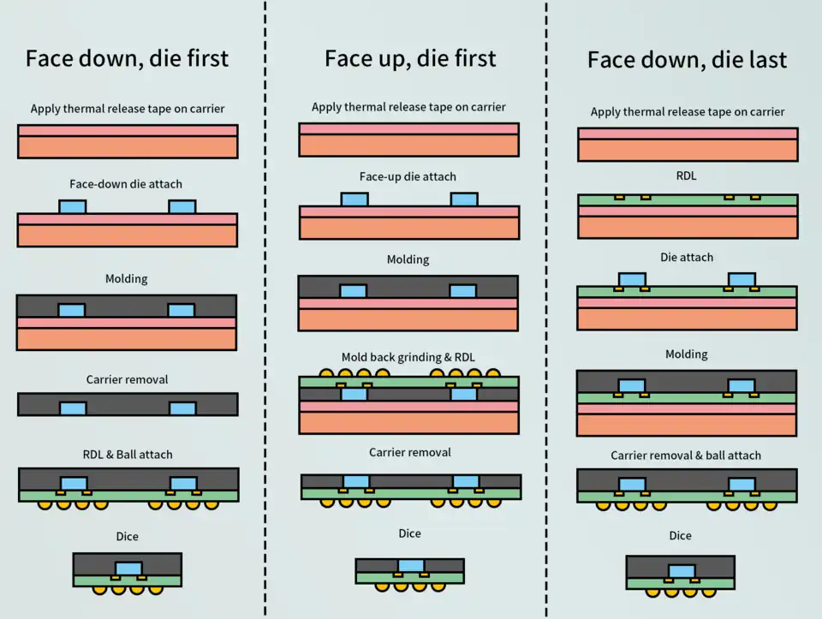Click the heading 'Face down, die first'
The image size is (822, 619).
[127, 58]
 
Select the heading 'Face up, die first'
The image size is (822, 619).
[410, 58]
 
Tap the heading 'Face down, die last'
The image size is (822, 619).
[687, 60]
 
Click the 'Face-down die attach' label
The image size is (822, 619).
[126, 184]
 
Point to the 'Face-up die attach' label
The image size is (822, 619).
[408, 177]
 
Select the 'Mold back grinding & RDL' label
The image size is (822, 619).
[408, 357]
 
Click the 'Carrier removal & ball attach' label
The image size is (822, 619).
[686, 455]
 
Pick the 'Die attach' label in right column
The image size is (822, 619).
[687, 257]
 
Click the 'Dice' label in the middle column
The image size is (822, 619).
[409, 533]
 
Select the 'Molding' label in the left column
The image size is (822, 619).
[127, 279]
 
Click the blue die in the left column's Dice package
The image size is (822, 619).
[128, 568]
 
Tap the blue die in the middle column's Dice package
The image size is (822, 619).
[411, 565]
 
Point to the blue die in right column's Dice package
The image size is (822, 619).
[682, 571]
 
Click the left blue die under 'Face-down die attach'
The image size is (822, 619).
[72, 207]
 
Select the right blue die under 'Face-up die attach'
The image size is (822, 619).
[464, 199]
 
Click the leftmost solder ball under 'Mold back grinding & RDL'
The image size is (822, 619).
[326, 373]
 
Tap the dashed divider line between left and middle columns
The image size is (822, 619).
[265, 308]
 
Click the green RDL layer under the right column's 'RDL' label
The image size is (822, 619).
[688, 200]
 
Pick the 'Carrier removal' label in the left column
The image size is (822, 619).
[127, 379]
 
